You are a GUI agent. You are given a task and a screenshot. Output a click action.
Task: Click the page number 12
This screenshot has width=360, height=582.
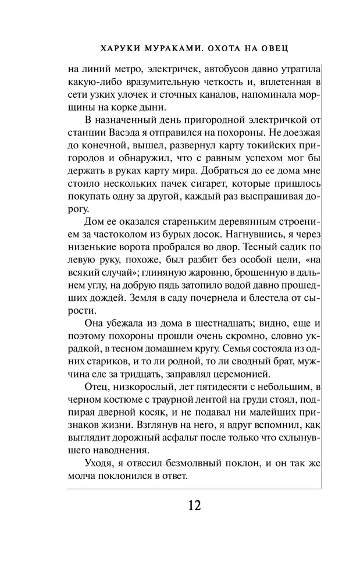(x=194, y=504)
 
